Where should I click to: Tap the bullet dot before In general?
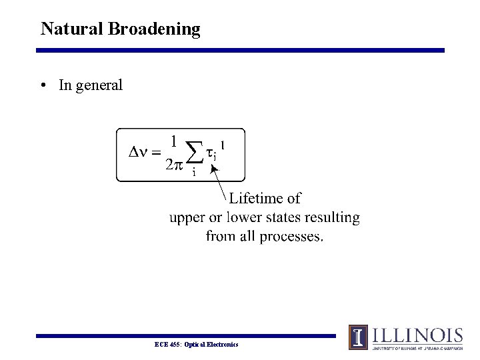point(43,85)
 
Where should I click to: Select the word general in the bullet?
point(99,85)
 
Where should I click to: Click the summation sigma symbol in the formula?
point(193,153)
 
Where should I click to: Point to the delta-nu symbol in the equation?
point(137,153)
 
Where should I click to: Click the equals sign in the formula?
point(157,154)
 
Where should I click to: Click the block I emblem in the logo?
point(359,337)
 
